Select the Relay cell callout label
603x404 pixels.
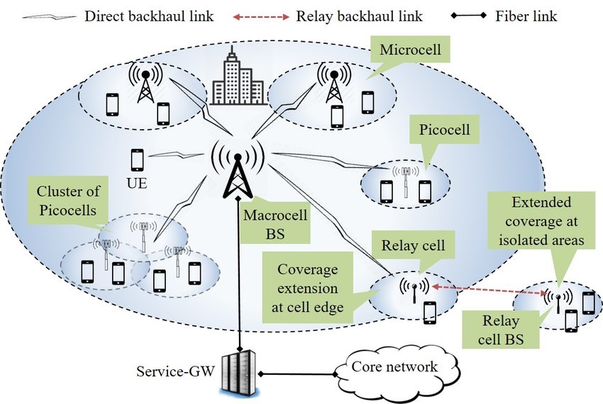tap(414, 246)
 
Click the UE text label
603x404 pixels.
tap(137, 181)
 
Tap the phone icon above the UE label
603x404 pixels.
tap(138, 159)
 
